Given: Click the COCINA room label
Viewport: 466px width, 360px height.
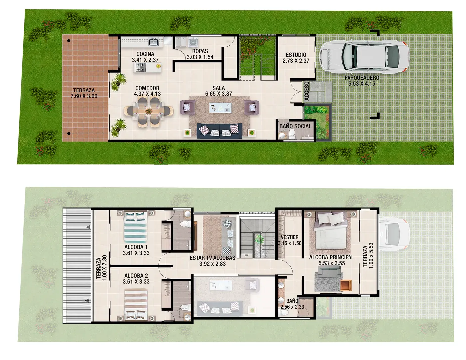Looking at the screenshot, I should (145, 54).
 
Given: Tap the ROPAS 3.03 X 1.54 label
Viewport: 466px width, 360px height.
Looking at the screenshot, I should (200, 54).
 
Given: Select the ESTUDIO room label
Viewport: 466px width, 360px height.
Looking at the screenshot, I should (296, 55).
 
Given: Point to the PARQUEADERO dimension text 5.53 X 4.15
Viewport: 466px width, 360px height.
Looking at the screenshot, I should (362, 84).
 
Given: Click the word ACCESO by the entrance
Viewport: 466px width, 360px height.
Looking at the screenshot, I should (307, 91).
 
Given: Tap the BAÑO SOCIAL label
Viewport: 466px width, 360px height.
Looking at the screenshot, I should (295, 126).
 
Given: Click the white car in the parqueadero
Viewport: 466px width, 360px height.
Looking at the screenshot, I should (363, 56).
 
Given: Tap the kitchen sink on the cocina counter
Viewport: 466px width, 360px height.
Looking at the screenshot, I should (154, 42).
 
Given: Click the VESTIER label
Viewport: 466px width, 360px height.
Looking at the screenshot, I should (289, 237).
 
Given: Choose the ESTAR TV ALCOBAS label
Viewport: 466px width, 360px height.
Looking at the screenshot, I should (212, 258).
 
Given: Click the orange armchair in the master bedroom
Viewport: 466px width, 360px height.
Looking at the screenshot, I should (346, 285).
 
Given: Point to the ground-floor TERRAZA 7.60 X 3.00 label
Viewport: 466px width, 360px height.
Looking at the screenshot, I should (84, 93).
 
